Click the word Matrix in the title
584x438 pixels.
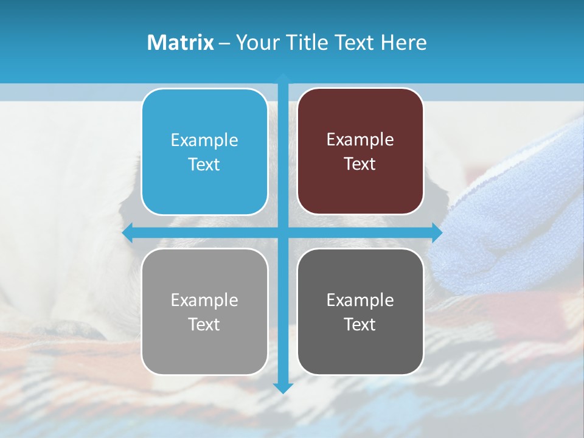click(x=180, y=43)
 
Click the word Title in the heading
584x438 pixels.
click(x=302, y=43)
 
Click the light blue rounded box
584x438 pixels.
click(x=204, y=152)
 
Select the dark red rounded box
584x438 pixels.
click(x=360, y=152)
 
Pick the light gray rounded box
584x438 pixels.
click(x=204, y=312)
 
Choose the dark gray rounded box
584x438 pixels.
click(x=360, y=312)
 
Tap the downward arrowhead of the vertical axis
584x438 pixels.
click(x=283, y=388)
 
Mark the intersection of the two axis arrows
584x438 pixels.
click(x=283, y=232)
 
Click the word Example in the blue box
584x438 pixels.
click(x=204, y=140)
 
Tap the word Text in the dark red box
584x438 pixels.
click(x=360, y=164)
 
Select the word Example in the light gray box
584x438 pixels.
click(x=204, y=300)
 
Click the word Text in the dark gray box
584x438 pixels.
click(x=360, y=324)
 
